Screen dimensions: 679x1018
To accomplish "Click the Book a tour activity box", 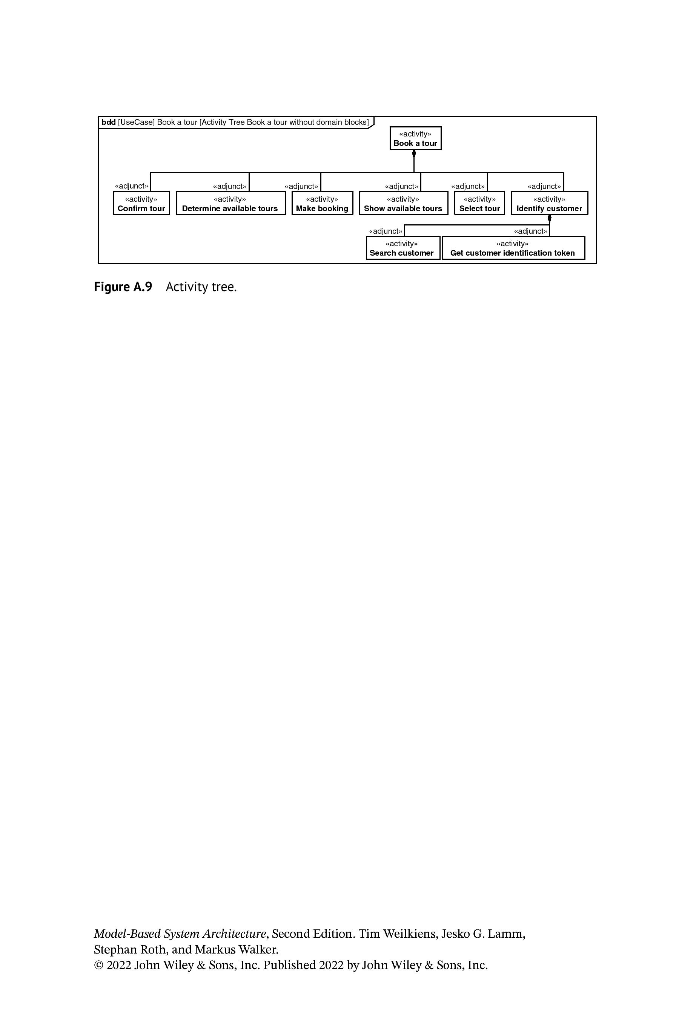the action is point(415,138).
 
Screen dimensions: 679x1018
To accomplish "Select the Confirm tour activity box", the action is point(141,203).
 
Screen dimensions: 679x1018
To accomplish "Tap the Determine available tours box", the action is point(230,203).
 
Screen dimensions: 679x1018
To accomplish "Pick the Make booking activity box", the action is point(322,203).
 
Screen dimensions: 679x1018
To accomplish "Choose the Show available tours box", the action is point(403,203).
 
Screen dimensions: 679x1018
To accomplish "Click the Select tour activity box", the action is point(479,203).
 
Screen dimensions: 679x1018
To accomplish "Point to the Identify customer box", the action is point(549,203).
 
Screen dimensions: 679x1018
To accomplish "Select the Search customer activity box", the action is point(403,248).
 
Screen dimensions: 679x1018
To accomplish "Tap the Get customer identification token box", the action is point(513,248).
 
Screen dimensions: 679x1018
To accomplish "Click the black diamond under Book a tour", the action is point(414,154).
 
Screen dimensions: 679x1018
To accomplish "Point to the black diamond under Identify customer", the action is point(550,219).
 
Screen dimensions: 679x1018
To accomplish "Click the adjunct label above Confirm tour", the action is point(132,186).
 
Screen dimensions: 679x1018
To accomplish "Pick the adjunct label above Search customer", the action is point(386,231).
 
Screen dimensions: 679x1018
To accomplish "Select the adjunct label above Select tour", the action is point(468,187).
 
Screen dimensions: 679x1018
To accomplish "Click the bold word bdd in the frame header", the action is point(109,122).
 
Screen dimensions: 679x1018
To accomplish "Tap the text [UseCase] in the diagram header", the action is point(136,122).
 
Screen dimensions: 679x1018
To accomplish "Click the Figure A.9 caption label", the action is point(123,287).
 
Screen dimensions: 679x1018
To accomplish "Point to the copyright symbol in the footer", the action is point(99,966).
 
